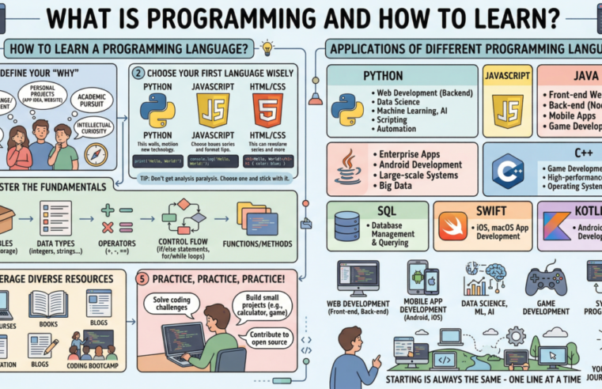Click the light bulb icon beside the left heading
tap(267, 47)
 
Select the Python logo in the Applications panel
tap(347, 110)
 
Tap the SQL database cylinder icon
tap(346, 225)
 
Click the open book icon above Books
tap(47, 304)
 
